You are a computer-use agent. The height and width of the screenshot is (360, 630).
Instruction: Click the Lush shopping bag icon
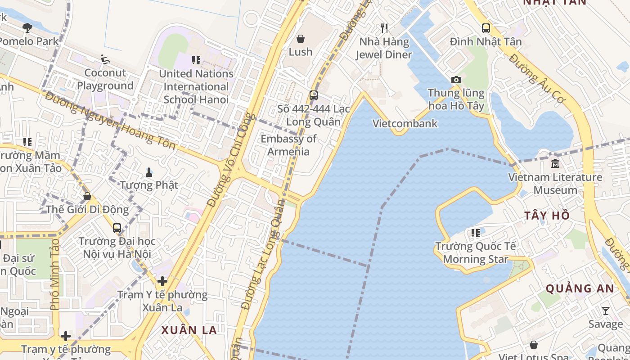pyautogui.click(x=300, y=39)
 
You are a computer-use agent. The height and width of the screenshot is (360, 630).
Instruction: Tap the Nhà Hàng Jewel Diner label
pyautogui.click(x=384, y=48)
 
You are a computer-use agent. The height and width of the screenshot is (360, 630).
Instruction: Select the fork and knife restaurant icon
pyautogui.click(x=384, y=28)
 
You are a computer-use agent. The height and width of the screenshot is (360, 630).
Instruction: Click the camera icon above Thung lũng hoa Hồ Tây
pyautogui.click(x=456, y=80)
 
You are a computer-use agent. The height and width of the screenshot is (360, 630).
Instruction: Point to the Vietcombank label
pyautogui.click(x=405, y=123)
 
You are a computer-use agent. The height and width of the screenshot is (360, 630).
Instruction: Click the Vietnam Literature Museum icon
pyautogui.click(x=555, y=163)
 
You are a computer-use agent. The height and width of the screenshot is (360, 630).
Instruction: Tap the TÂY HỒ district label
pyautogui.click(x=547, y=216)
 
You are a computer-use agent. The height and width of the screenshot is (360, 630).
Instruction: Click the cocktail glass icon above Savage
pyautogui.click(x=606, y=311)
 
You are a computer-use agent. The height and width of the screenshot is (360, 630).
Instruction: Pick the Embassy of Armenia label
pyautogui.click(x=288, y=145)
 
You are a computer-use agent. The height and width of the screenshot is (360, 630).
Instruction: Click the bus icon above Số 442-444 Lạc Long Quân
pyautogui.click(x=314, y=95)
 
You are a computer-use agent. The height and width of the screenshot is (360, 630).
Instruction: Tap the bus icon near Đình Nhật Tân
pyautogui.click(x=486, y=28)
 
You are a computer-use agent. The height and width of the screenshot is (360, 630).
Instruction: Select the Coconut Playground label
pyautogui.click(x=105, y=79)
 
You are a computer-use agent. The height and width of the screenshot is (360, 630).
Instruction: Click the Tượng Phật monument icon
pyautogui.click(x=149, y=171)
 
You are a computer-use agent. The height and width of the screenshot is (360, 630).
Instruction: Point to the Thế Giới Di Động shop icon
pyautogui.click(x=87, y=196)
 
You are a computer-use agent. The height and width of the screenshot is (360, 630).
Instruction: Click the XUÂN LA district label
pyautogui.click(x=189, y=330)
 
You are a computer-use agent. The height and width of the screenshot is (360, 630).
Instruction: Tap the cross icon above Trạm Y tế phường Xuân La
pyautogui.click(x=162, y=281)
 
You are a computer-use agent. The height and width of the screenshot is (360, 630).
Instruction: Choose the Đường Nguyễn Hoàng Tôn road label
pyautogui.click(x=110, y=120)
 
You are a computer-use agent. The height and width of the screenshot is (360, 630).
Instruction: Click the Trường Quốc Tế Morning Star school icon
pyautogui.click(x=476, y=233)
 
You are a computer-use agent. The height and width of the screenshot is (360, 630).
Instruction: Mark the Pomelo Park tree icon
pyautogui.click(x=27, y=28)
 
